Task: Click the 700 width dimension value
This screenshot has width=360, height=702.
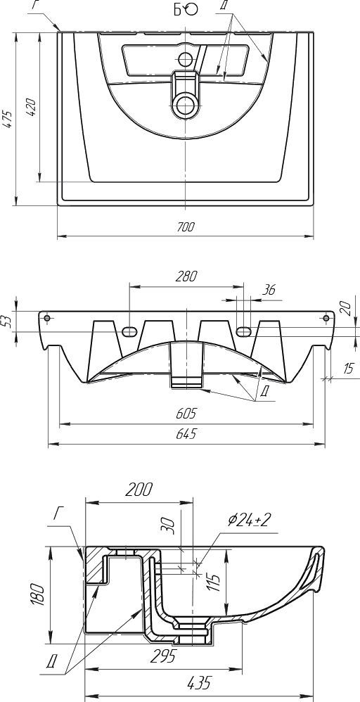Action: [186, 227]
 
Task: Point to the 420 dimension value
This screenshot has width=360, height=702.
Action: [32, 107]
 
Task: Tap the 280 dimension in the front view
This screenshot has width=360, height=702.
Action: [186, 276]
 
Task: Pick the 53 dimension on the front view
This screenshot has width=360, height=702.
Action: [7, 321]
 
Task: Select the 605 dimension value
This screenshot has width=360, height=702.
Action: [186, 413]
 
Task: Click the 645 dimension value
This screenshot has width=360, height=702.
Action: [186, 434]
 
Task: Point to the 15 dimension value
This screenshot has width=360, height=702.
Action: [347, 369]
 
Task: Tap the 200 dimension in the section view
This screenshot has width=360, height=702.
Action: [139, 490]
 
